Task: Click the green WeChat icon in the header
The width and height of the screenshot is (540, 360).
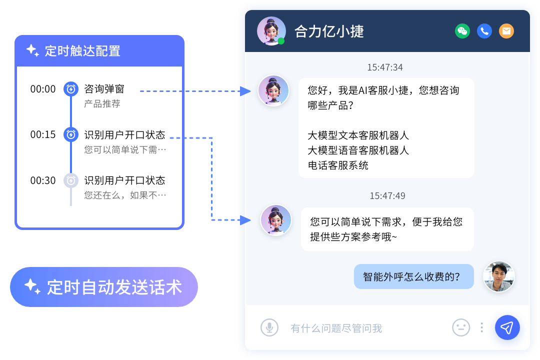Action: pos(462,31)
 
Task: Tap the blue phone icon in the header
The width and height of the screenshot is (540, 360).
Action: pos(484,31)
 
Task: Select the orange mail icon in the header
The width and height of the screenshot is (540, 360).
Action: pos(506,31)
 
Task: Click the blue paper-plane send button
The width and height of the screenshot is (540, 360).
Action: pos(507,327)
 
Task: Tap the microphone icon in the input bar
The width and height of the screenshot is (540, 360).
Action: pos(269,327)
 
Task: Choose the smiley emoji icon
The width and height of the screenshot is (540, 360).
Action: pos(461,327)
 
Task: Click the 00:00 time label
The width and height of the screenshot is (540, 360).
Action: pos(43,89)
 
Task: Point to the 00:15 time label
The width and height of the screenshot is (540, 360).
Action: pos(43,134)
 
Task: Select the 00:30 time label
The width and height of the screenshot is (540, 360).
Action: pos(43,180)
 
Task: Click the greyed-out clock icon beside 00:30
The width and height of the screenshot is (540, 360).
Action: pos(71,180)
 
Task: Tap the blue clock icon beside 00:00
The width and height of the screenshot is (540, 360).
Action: pos(71,89)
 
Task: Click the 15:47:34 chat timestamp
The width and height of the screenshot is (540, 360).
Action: pos(385,67)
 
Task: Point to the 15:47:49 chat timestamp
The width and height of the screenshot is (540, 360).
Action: pos(387,195)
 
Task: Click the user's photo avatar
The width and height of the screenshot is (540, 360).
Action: pos(498,276)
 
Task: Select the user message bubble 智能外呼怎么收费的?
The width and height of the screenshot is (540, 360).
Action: pos(413,276)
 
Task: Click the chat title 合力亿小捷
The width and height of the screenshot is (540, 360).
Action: pos(329,31)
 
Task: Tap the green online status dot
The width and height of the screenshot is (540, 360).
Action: pos(281,41)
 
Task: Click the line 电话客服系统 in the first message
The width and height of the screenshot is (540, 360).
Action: pos(338,165)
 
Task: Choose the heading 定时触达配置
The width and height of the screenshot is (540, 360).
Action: pos(82,51)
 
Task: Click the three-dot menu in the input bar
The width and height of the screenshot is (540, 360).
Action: pos(481,327)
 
